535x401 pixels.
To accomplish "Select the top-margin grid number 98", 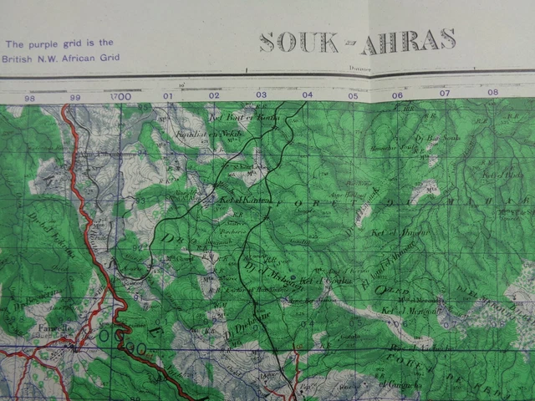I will click(30, 99).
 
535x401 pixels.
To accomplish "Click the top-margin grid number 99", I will click(75, 98).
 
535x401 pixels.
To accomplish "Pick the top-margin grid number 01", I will click(168, 96).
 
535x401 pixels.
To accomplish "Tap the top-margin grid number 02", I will click(214, 95).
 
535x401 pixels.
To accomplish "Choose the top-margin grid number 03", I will click(261, 94).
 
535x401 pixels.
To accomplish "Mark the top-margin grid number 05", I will click(353, 95).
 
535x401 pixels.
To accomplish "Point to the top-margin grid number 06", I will click(398, 94).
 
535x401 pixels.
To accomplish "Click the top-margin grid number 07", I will click(445, 94).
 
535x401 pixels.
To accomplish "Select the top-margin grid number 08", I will click(492, 93).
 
